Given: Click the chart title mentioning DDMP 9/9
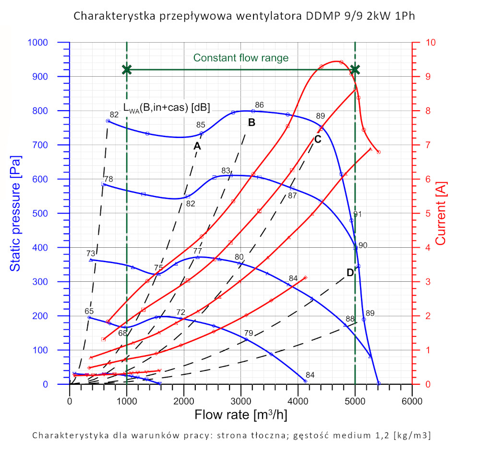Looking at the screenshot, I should point(244,16).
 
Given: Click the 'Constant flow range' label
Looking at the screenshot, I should point(241,58).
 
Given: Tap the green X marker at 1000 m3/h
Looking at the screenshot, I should point(127,70).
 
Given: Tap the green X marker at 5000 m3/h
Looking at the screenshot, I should point(355,70).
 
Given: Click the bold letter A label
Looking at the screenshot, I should point(197,146).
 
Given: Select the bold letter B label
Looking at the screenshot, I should point(251,122).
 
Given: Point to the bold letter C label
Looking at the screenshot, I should point(317,139).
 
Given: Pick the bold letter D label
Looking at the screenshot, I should point(350,272).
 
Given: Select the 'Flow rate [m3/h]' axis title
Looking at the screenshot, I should point(240,415).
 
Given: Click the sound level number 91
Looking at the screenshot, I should point(358,214).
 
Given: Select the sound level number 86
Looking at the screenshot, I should point(260,105).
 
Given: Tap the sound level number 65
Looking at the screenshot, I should point(89,311).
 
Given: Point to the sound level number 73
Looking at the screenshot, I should point(91,253).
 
